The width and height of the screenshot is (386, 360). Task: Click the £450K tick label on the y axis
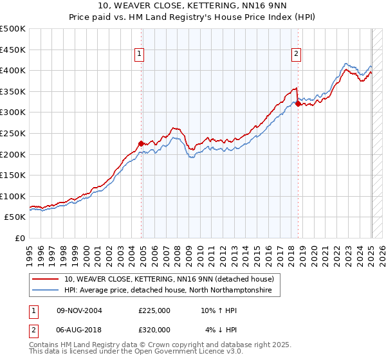13,50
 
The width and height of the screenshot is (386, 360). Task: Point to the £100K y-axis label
13,196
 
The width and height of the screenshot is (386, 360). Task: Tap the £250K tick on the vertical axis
13,133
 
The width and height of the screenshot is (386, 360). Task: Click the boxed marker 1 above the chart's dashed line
139,54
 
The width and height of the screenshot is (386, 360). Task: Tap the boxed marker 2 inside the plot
296,54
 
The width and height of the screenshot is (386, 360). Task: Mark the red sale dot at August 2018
298,104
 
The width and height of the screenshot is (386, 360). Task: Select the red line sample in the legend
46,279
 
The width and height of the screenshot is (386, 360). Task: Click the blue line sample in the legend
46,291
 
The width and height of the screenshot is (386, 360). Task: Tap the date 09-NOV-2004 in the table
79,310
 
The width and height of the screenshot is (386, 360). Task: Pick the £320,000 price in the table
154,330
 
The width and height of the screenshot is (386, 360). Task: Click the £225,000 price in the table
154,310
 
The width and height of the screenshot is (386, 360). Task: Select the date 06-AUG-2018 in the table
79,330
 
